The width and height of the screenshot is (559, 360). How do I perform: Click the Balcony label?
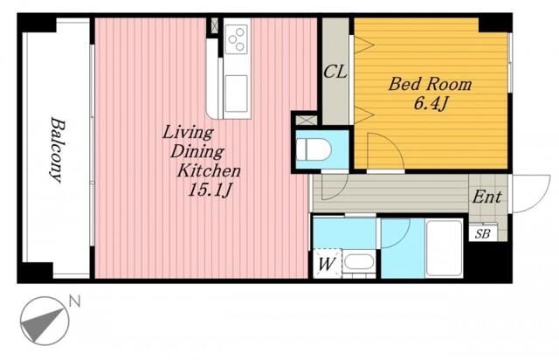pyautogui.click(x=58, y=149)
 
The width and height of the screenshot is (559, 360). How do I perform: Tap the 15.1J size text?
pyautogui.click(x=210, y=191)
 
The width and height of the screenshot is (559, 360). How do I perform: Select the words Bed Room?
pyautogui.click(x=430, y=84)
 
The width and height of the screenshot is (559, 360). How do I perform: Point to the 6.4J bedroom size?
pyautogui.click(x=431, y=104)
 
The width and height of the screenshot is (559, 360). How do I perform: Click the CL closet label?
pyautogui.click(x=335, y=72)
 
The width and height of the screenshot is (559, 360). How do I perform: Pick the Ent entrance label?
pyautogui.click(x=487, y=197)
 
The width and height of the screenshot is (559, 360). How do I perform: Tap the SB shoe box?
pyautogui.click(x=483, y=233)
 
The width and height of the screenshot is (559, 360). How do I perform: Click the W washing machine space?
pyautogui.click(x=327, y=264)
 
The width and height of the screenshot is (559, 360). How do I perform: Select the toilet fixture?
pyautogui.click(x=314, y=149)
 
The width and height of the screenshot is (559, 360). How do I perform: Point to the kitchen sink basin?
pyautogui.click(x=236, y=93)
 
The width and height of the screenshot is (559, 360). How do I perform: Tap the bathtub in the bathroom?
pyautogui.click(x=445, y=247)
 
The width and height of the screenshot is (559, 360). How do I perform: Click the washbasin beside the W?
pyautogui.click(x=359, y=262)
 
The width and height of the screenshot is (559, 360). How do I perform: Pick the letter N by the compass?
pyautogui.click(x=75, y=301)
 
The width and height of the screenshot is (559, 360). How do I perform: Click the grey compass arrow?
pyautogui.click(x=42, y=325)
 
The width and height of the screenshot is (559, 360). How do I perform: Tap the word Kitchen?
pyautogui.click(x=209, y=171)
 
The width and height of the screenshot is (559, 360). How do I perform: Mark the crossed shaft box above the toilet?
pyautogui.click(x=307, y=120)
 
